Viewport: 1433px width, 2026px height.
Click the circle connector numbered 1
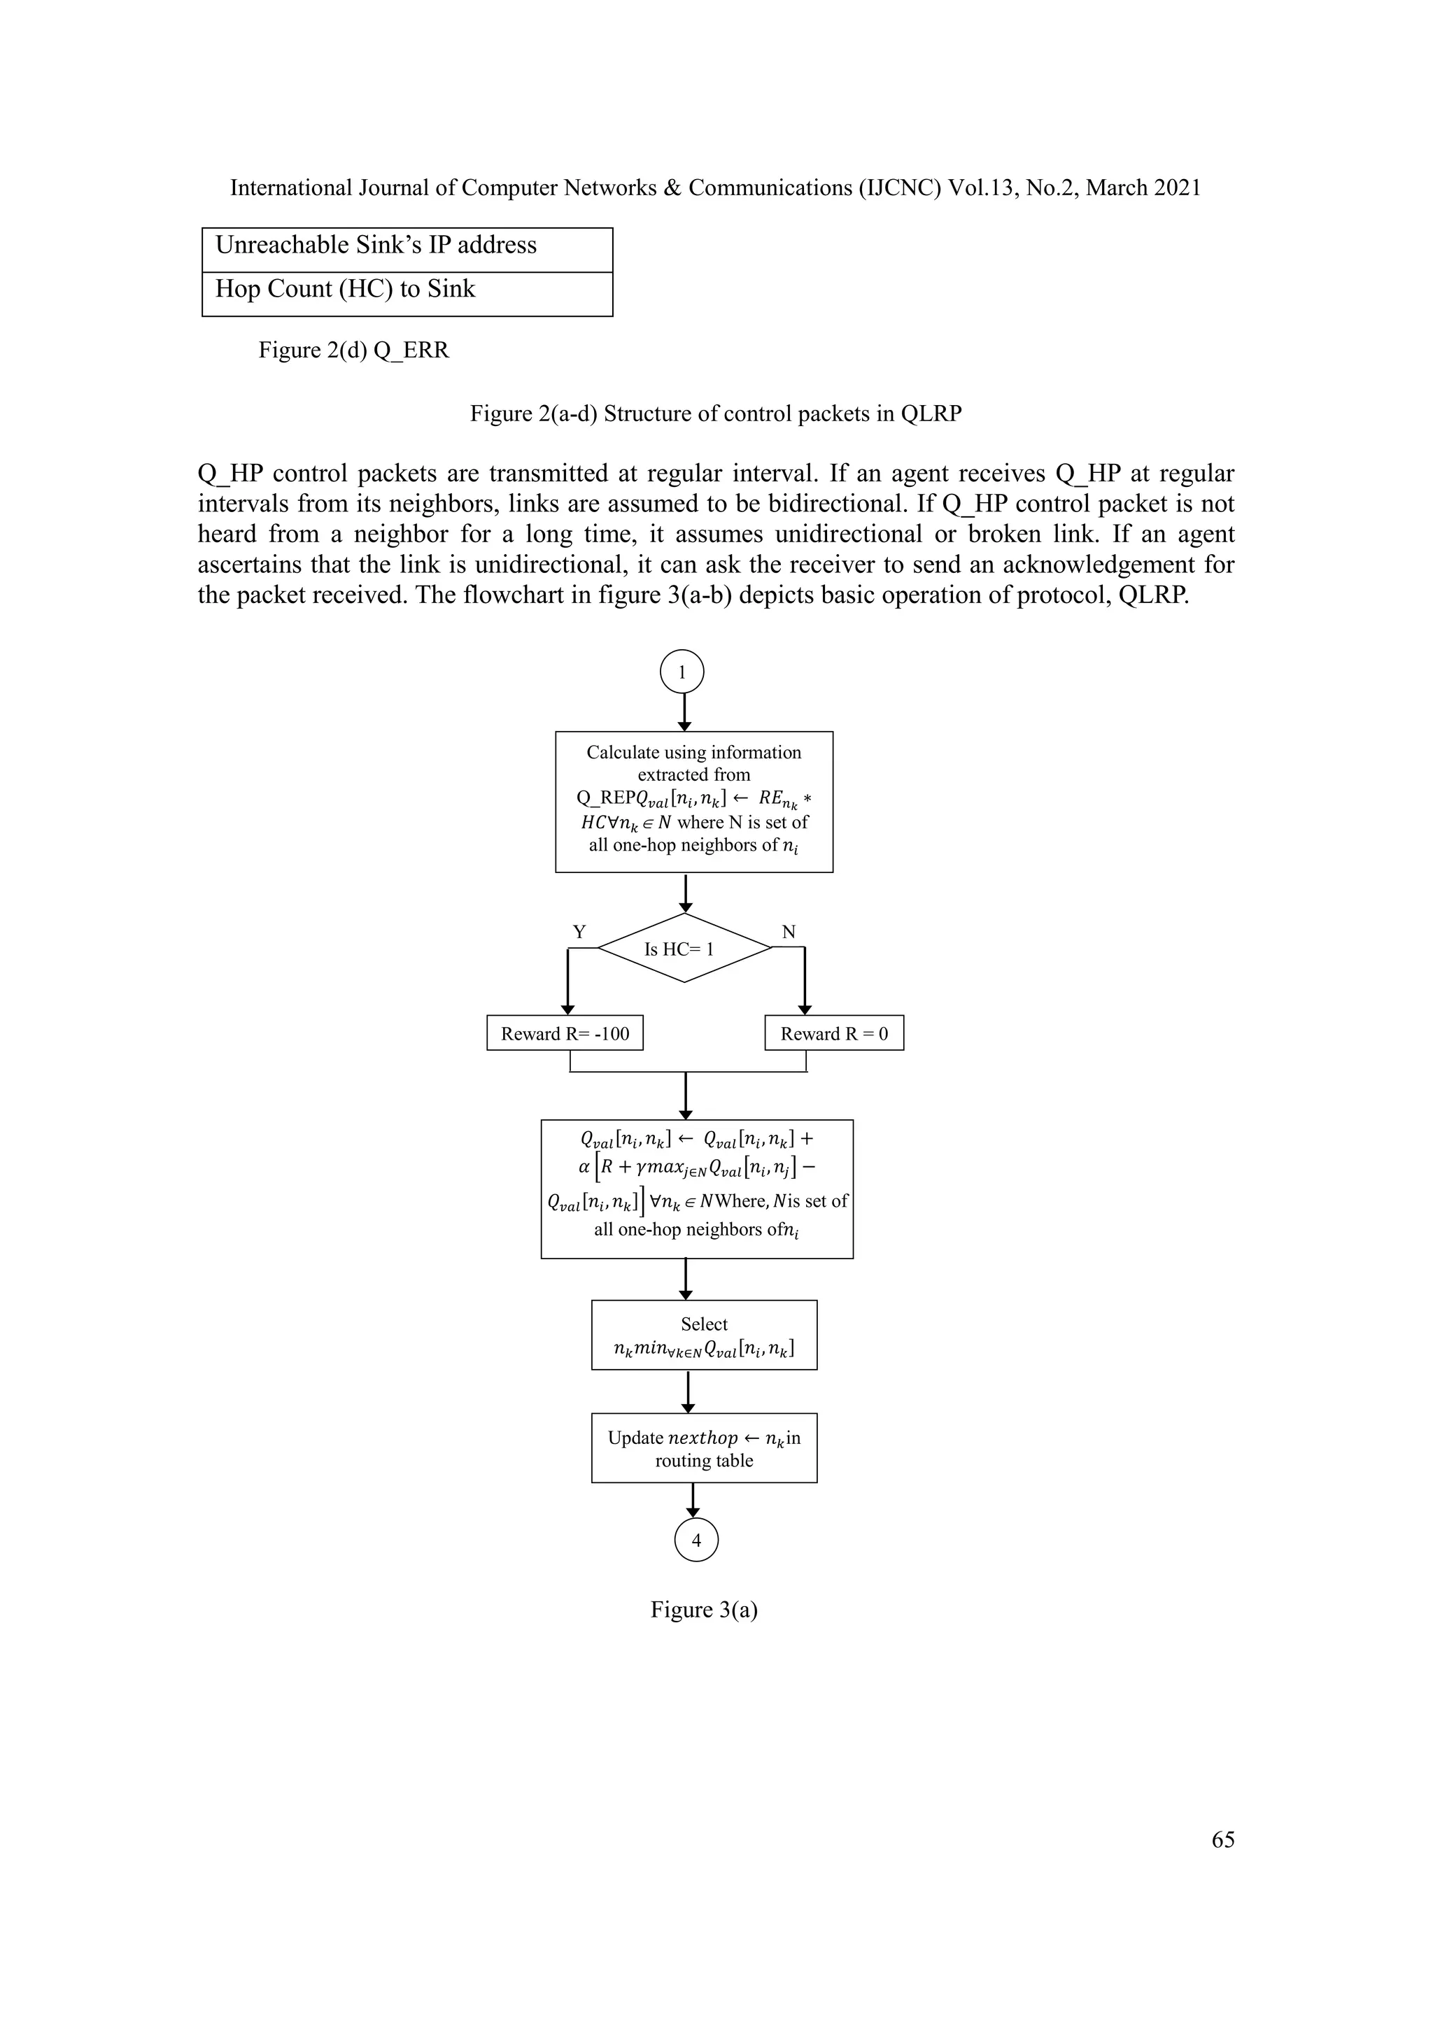682,672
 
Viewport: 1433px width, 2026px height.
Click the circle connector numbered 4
696,1540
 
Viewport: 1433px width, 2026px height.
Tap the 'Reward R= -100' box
565,1033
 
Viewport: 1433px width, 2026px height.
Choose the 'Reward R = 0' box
834,1033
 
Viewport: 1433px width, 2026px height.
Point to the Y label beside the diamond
579,932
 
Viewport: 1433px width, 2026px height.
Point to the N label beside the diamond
788,932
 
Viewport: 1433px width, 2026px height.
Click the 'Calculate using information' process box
693,801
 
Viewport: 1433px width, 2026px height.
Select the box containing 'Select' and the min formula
704,1335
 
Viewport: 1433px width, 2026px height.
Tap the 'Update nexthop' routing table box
704,1448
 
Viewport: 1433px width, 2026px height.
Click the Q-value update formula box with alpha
696,1189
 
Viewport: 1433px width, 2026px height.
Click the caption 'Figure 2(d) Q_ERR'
354,350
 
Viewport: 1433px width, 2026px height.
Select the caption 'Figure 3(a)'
704,1610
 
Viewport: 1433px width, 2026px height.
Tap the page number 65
1223,1840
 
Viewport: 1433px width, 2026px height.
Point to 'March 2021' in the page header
1143,188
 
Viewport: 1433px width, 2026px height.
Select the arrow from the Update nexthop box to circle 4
693,1500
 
